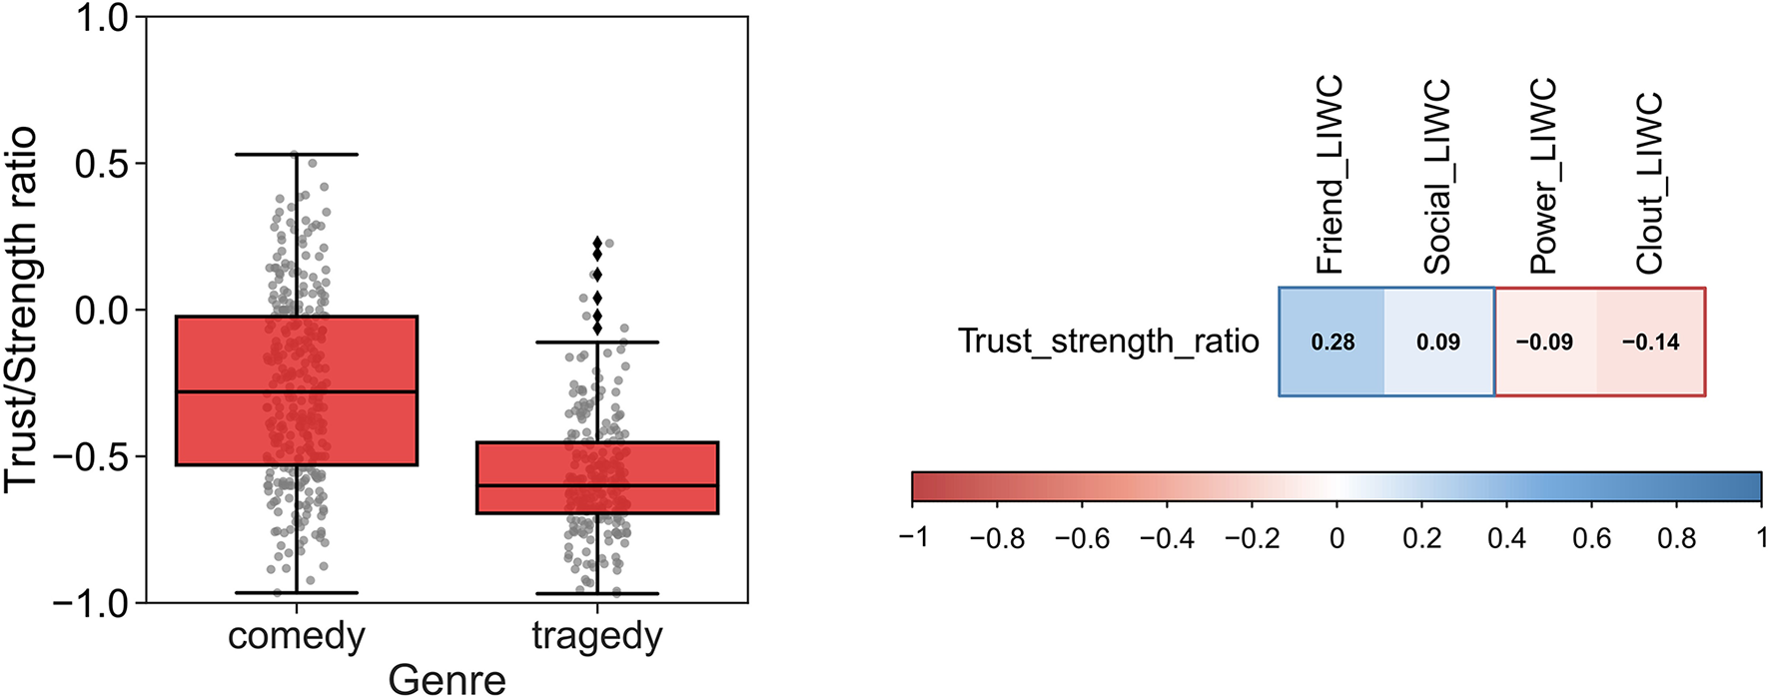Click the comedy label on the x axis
[297, 636]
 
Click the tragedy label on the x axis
[597, 636]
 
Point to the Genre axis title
[446, 679]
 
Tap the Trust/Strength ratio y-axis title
[22, 310]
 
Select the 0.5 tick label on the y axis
[102, 164]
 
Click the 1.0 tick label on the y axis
[102, 18]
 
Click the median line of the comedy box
[297, 391]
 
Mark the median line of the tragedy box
[597, 485]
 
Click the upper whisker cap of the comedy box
[297, 155]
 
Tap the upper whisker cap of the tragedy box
[597, 343]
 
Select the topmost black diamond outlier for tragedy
[597, 243]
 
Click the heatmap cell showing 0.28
[1332, 343]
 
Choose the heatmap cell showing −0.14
[1650, 343]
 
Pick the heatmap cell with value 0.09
[1438, 343]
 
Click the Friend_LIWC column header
[1329, 175]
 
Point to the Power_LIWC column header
[1543, 177]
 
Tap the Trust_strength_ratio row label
[1108, 342]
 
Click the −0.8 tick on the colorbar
[997, 539]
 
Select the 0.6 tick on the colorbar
[1591, 539]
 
